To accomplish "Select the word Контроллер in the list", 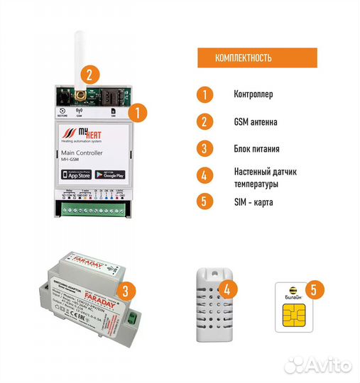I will [252, 94].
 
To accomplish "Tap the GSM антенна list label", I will [255, 122].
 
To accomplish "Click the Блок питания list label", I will [256, 149].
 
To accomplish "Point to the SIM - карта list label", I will [253, 201].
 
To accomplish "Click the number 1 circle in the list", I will [204, 94].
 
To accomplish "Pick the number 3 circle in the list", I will [204, 149].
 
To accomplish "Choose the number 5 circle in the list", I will [204, 201].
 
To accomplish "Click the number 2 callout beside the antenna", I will [89, 74].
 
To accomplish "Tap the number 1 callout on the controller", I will [140, 111].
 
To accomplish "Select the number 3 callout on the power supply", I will [125, 290].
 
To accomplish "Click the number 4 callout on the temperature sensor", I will [227, 289].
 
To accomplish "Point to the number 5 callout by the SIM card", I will [317, 289].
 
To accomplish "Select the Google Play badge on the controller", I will [109, 174].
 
